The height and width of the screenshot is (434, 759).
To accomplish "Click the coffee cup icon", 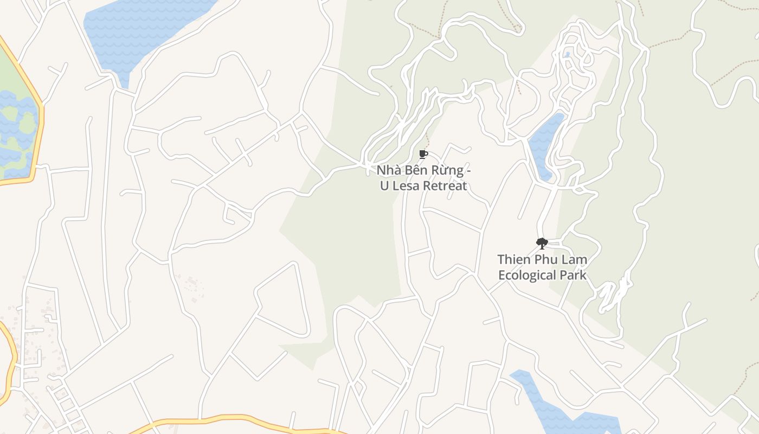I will (423, 155).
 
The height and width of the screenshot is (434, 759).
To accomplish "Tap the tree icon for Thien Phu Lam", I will (542, 244).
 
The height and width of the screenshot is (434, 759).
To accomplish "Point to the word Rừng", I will (447, 170).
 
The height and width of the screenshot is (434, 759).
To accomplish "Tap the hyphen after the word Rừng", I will (468, 171).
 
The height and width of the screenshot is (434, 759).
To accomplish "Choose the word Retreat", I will (445, 186).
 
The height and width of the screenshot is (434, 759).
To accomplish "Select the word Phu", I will (545, 259).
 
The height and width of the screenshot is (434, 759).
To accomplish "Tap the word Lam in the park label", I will (574, 259).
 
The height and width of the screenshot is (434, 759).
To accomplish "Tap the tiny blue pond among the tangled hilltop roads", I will (567, 54).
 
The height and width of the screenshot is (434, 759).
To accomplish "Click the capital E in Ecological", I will (502, 275).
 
